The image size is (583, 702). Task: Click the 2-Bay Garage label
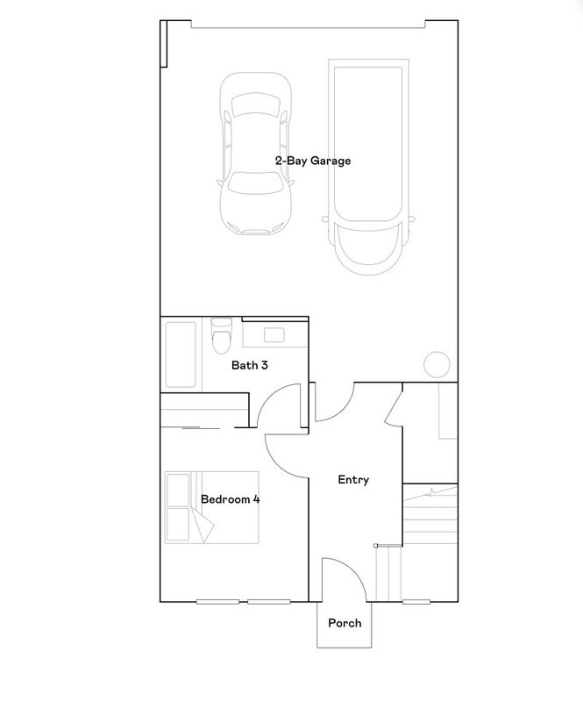point(313,161)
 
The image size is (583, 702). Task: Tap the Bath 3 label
point(250,365)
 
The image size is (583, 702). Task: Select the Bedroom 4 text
point(230,499)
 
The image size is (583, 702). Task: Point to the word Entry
point(353,480)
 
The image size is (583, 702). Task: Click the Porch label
point(345,623)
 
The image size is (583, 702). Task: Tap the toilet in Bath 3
point(222,335)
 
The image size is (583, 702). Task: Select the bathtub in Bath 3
point(181,355)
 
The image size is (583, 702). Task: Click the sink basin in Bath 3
point(274,335)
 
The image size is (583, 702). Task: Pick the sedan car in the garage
point(255,153)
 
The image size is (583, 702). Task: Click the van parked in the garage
point(368,167)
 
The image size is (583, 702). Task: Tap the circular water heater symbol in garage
point(437,364)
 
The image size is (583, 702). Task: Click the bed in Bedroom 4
point(212,507)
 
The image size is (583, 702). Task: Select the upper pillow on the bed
point(178,490)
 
